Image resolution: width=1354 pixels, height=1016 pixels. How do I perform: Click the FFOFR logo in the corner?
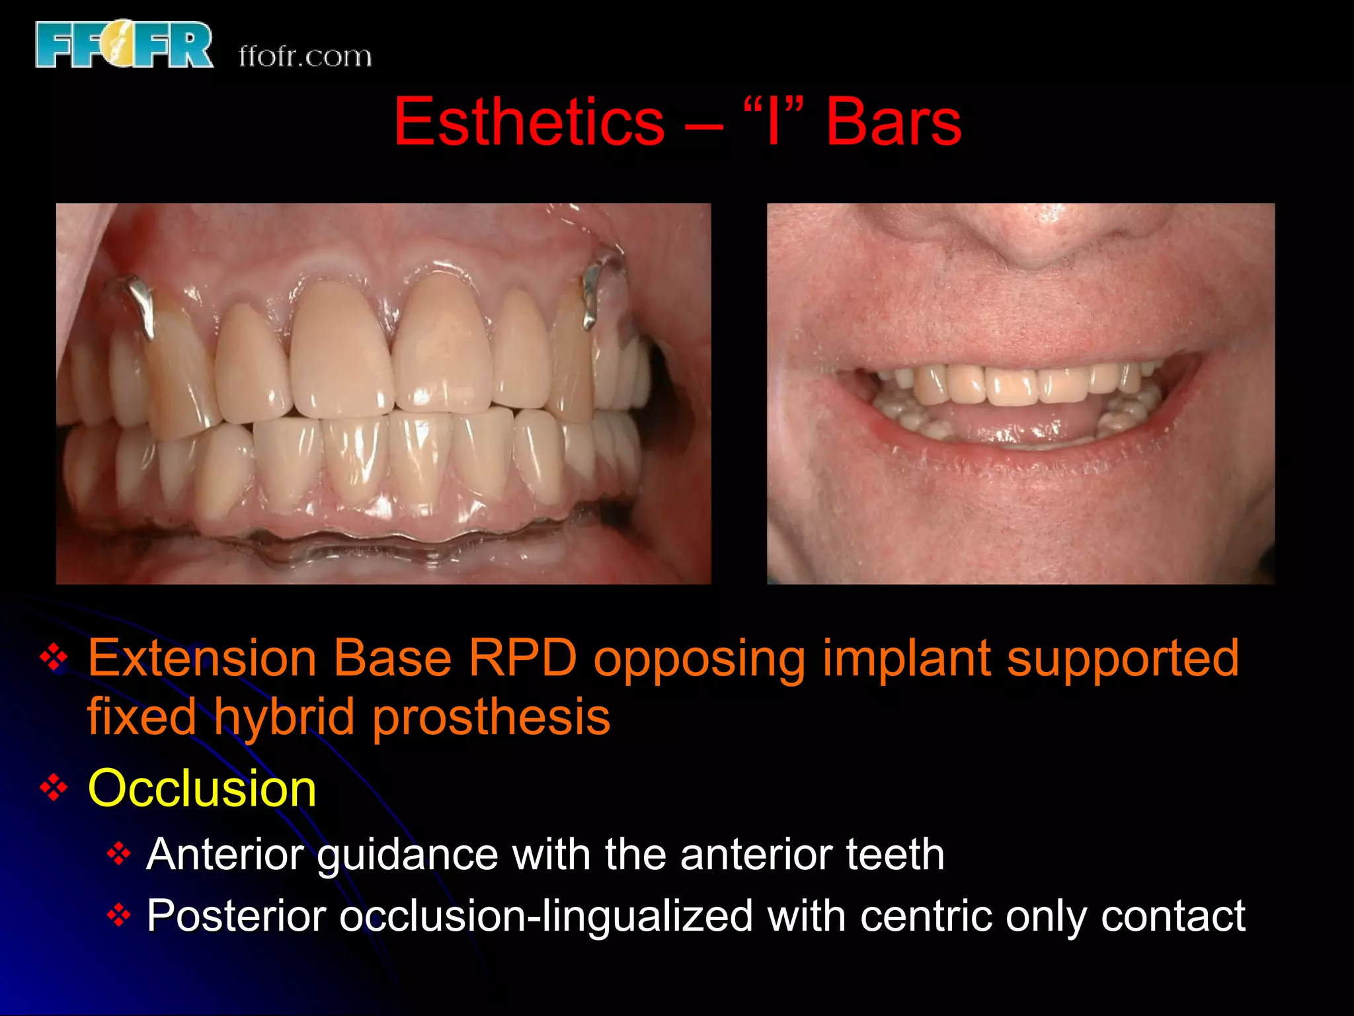124,44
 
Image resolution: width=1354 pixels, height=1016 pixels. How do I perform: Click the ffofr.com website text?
305,57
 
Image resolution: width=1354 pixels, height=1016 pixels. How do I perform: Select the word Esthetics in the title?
529,122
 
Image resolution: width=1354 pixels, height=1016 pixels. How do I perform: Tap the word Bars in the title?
893,122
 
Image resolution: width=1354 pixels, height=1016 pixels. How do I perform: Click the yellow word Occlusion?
202,788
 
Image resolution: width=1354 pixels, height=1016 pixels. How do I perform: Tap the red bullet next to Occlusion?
54,787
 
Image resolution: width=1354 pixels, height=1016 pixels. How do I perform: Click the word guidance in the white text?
407,855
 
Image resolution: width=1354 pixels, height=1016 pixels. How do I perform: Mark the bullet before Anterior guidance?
118,854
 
